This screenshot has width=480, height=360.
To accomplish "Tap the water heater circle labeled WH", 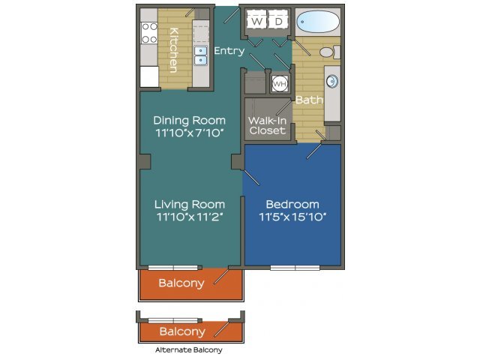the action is [280, 83].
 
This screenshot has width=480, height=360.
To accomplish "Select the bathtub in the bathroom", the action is [318, 22].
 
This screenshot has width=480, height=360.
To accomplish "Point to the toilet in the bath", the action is [330, 52].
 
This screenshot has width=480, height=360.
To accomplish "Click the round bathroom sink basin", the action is [332, 82].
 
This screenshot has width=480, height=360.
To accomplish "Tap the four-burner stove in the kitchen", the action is [149, 33].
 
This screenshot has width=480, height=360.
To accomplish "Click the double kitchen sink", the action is [201, 55].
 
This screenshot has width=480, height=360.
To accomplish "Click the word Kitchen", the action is [173, 50].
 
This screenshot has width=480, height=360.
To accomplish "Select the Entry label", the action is [229, 50].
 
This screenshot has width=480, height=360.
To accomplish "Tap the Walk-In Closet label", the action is [267, 125].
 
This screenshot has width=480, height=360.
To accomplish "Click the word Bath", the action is [309, 100].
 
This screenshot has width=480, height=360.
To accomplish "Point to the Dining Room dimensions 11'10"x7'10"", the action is [190, 133].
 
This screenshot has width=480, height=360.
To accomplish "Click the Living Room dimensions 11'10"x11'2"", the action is [190, 217].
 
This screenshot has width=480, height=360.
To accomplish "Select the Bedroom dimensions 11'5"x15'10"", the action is [292, 217].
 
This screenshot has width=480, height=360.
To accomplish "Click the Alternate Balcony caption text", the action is [189, 350].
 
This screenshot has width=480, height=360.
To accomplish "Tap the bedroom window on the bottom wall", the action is [295, 268].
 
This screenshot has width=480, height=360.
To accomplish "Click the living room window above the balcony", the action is [173, 268].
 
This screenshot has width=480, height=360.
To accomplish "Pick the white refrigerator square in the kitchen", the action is [149, 76].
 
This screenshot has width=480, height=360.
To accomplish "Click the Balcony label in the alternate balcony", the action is [182, 331].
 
